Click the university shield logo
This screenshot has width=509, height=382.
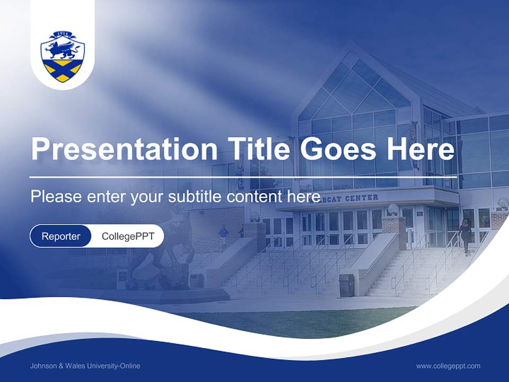[63, 56]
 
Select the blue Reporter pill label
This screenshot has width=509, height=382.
[60, 236]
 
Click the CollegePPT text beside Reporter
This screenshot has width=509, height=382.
[128, 236]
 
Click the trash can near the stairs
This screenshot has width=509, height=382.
[346, 285]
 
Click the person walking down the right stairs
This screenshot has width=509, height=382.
[465, 236]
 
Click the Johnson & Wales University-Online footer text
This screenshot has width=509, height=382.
[85, 366]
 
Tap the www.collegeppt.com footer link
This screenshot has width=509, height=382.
[448, 366]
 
